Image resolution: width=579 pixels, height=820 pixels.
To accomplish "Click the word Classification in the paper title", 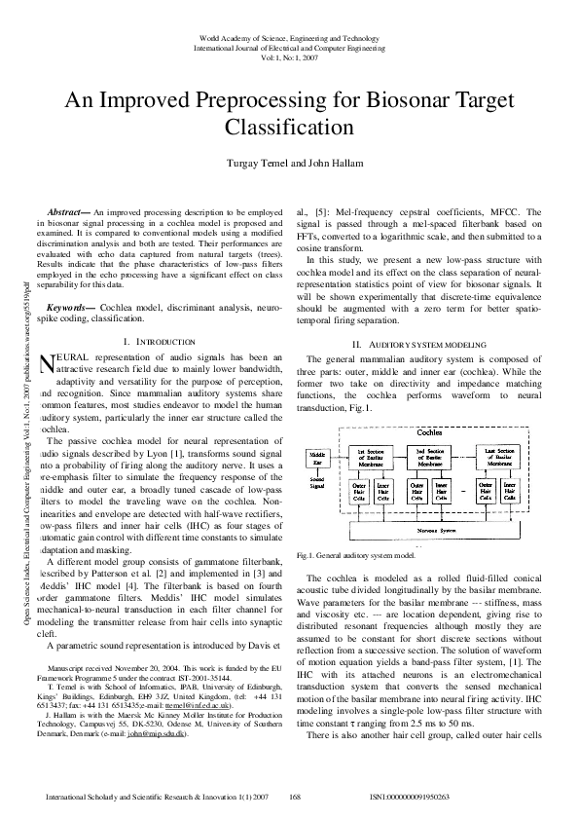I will click(288, 127).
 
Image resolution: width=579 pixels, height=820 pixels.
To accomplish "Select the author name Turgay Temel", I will click(258, 163).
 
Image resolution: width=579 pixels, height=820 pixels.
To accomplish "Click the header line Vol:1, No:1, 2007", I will click(289, 57).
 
